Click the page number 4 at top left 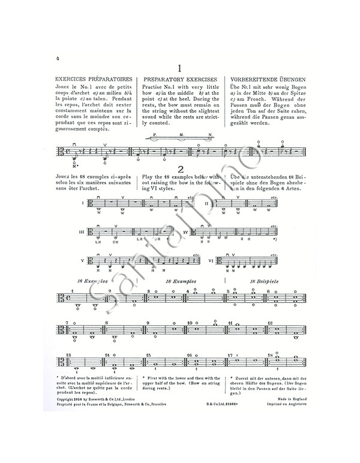point(56,58)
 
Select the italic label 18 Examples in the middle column point(179,281)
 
